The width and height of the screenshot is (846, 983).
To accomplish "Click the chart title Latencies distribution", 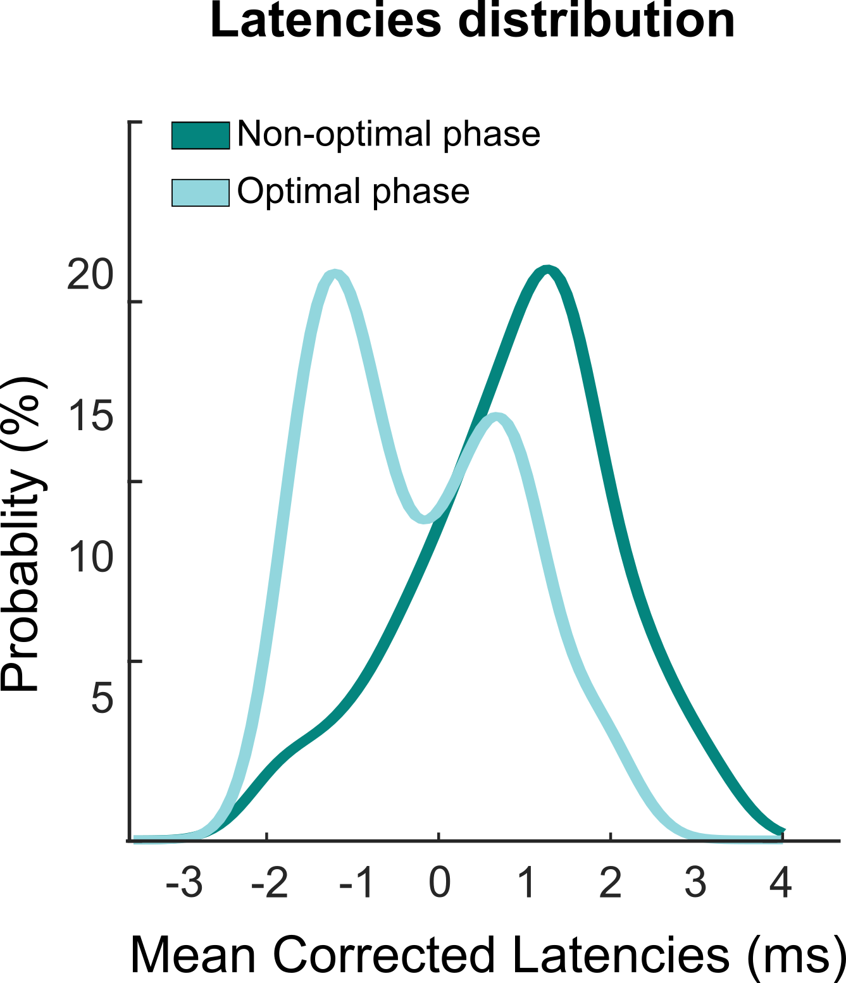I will click(472, 20).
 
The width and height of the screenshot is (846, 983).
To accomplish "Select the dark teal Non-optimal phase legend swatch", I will click(201, 135).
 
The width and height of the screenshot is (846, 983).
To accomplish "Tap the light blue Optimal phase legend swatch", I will click(201, 192).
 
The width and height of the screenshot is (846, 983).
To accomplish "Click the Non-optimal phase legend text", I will click(389, 134).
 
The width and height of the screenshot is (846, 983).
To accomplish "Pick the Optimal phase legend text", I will click(353, 191).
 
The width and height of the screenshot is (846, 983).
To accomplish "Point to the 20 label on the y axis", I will click(89, 276).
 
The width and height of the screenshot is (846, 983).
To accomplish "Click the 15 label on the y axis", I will click(89, 417).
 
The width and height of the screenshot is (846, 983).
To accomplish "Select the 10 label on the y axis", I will click(89, 558).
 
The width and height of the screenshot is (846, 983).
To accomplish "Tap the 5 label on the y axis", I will click(102, 698).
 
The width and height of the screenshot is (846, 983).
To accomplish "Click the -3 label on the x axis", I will click(184, 883).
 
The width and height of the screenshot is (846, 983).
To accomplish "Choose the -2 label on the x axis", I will click(269, 883).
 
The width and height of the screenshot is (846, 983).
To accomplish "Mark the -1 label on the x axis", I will click(356, 883).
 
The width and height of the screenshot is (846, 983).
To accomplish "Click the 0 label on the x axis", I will click(439, 883).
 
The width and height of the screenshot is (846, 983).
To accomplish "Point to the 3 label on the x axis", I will click(695, 883).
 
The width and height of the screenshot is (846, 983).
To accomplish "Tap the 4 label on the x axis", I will click(781, 883).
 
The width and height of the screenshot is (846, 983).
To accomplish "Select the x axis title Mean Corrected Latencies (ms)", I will click(487, 955).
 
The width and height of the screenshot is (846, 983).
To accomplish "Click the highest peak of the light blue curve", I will click(335, 273).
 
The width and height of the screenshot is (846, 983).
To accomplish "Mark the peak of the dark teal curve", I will click(547, 271).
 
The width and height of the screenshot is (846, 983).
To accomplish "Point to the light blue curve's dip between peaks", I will click(424, 519).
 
